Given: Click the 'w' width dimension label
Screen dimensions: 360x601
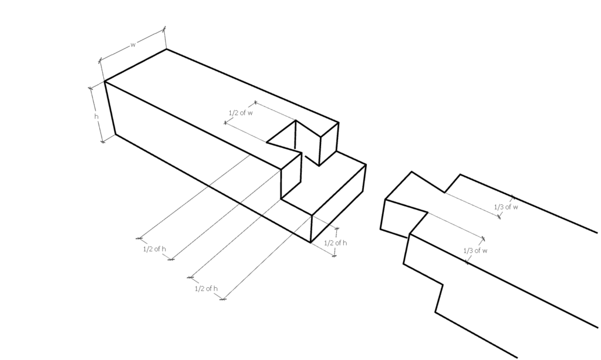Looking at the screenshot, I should point(133,45).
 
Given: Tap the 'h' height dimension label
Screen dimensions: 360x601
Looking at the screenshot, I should point(97,116).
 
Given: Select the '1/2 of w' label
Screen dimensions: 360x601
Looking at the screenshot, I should point(241,112).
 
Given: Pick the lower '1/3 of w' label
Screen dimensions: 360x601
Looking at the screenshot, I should point(476,251).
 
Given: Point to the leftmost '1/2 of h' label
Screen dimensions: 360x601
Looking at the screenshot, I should point(155,248).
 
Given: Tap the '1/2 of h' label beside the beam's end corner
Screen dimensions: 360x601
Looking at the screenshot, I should point(335,243).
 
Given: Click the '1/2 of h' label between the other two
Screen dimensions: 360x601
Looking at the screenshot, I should point(206,288).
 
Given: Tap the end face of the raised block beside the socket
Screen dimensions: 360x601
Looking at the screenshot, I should point(329,144).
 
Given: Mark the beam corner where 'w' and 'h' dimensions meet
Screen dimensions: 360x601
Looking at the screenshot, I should point(105,82).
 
